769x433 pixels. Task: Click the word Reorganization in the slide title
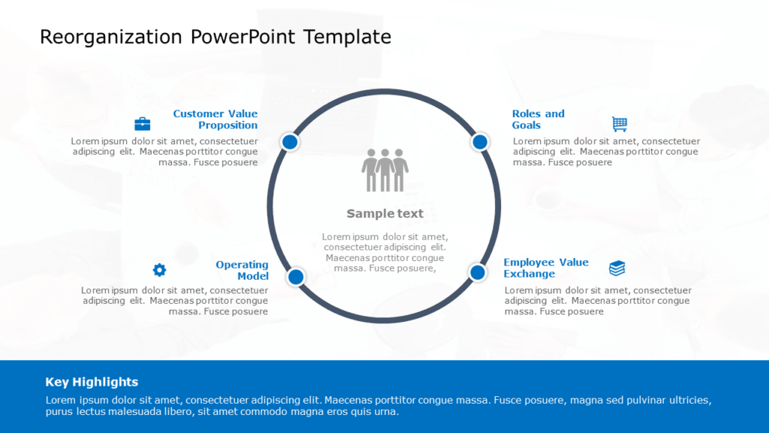tap(110, 37)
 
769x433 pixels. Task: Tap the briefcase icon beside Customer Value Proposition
tap(142, 124)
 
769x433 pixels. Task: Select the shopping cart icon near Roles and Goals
tap(620, 124)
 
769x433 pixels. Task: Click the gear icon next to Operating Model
tap(159, 270)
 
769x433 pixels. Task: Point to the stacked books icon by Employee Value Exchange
tap(617, 268)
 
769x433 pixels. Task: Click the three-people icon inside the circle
tap(385, 170)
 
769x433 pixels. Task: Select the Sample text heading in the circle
tap(384, 213)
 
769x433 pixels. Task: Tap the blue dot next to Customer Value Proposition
tap(290, 141)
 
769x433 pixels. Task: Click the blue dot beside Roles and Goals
tap(480, 141)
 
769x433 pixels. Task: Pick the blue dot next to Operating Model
tap(296, 277)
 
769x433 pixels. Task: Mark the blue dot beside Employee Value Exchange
tap(478, 272)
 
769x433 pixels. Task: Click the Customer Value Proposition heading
tap(216, 120)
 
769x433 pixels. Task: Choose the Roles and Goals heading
tap(538, 120)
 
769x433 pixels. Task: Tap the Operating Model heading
tap(242, 271)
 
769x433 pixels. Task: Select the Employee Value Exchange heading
tap(546, 268)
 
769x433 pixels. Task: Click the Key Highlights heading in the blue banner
tap(92, 382)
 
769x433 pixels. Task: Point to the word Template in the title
tap(347, 37)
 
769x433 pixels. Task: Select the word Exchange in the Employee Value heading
tap(529, 274)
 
